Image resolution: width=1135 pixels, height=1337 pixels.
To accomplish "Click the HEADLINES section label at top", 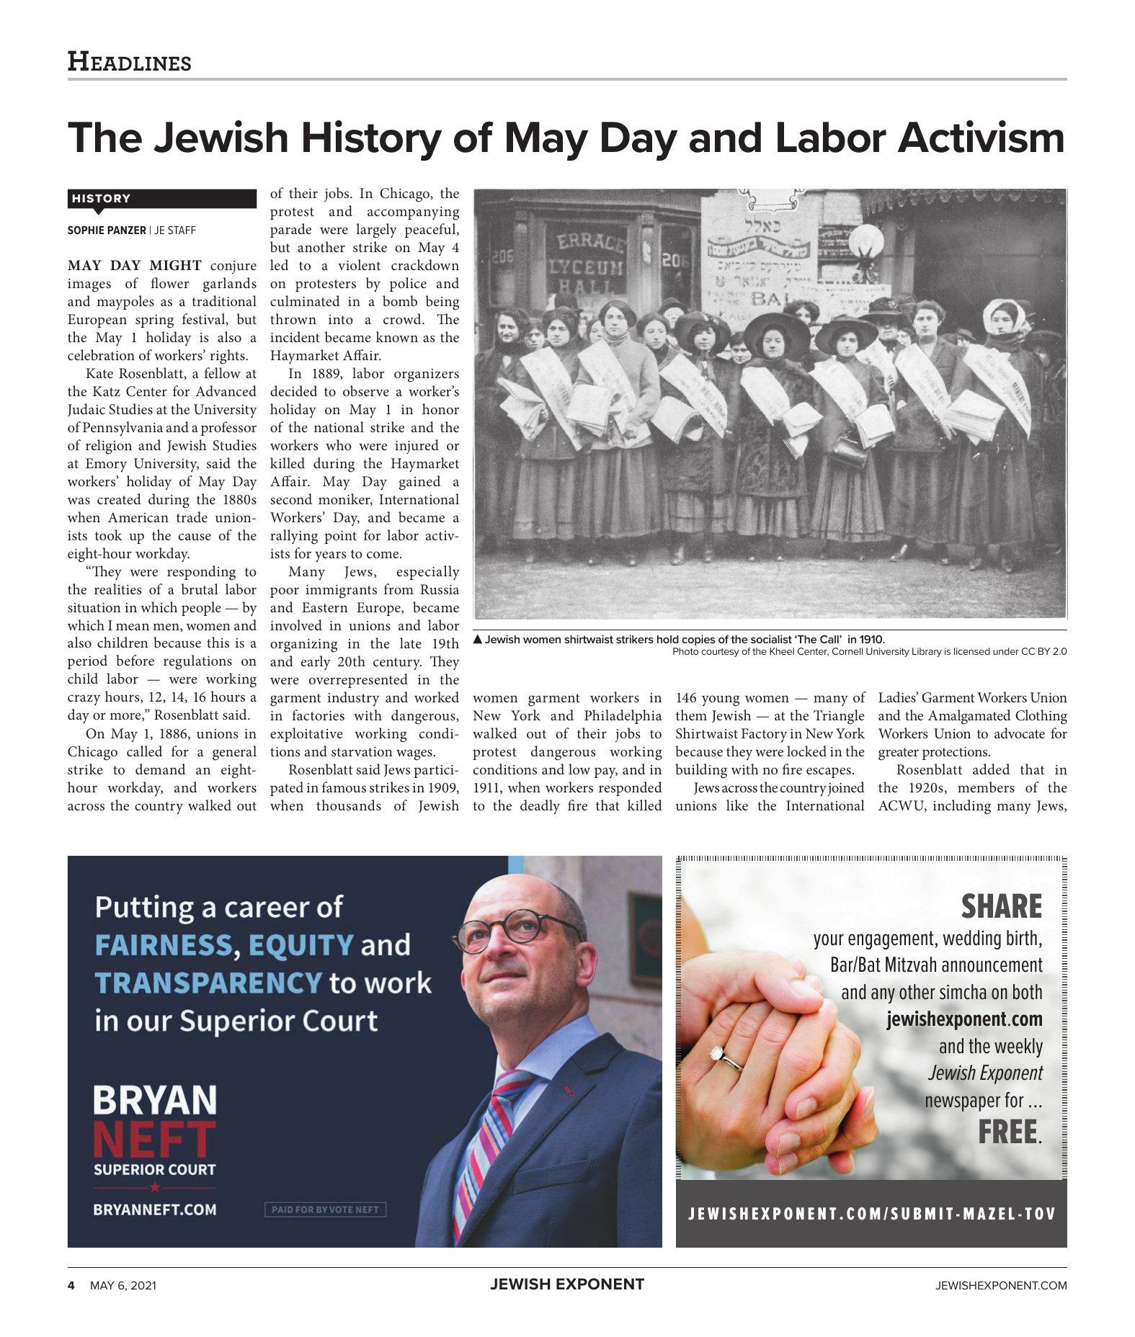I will pos(129,62).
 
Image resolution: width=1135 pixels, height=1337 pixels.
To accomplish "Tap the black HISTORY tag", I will pos(101,198).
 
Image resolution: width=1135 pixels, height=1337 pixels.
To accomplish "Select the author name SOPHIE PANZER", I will pos(107,231).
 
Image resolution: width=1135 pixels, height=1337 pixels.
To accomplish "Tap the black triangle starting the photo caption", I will pos(477,639).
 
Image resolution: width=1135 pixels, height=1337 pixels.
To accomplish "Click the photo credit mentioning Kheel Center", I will pos(868,651).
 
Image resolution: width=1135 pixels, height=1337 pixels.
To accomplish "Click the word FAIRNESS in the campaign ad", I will pos(164,945).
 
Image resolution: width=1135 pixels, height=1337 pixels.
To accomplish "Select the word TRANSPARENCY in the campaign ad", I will pos(208,983).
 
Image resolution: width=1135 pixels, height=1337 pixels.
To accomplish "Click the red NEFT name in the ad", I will pos(154,1140).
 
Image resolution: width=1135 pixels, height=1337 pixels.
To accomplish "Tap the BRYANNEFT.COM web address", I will pos(154,1209).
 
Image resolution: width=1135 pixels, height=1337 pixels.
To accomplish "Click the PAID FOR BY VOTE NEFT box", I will pos(325,1209).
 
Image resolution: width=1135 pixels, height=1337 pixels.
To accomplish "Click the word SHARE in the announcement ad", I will pos(1001,906).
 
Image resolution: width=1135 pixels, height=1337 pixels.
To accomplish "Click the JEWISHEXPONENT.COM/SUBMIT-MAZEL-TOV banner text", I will pos(871,1214).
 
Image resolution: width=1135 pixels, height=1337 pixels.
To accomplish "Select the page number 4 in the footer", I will pos(71,1285).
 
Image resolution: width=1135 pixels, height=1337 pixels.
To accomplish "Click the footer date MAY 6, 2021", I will pos(123,1285).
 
